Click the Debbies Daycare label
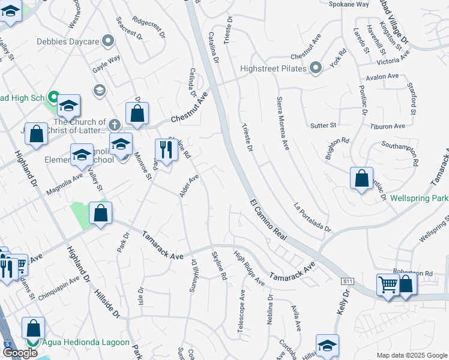(67, 41)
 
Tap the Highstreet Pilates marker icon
(317, 68)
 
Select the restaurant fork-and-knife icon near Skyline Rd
(165, 150)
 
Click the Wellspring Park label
(419, 197)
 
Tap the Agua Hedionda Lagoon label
(86, 342)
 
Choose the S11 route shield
(346, 281)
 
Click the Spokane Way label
(349, 4)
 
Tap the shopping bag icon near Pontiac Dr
(361, 179)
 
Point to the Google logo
(20, 353)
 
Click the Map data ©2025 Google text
(412, 355)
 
